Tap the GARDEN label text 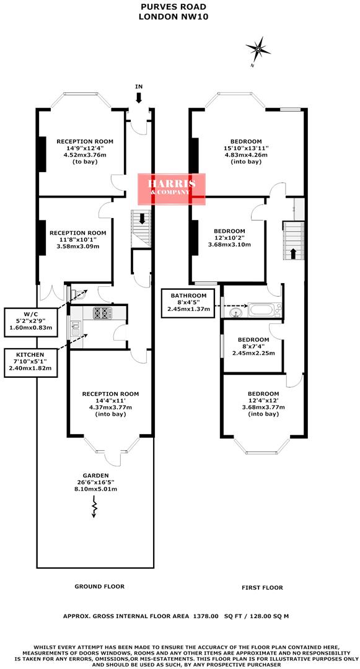pyautogui.click(x=95, y=474)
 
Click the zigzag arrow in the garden pyautogui.click(x=95, y=507)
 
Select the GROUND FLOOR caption pyautogui.click(x=99, y=586)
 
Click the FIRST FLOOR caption pyautogui.click(x=262, y=587)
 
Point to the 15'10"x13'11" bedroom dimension pyautogui.click(x=246, y=148)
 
